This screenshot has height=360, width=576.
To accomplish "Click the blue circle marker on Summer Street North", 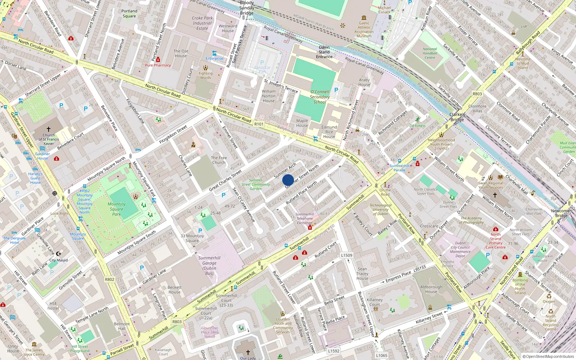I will coord(288,180).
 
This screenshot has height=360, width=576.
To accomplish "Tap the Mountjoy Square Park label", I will coord(117,209).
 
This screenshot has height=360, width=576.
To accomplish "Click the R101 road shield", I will coord(259,124).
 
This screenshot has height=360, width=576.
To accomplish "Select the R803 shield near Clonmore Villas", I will coord(477,94).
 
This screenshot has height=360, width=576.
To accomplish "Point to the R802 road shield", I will coord(109,279).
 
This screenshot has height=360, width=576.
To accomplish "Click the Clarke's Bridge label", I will coord(457,117).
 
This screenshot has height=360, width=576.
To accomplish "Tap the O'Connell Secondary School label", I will coord(320,97).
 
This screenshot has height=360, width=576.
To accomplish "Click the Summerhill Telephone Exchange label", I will coord(305,219).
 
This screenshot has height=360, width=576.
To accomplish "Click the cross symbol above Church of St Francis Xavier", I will coord(49,129).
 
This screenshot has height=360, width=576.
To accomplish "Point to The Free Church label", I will coord(219,160).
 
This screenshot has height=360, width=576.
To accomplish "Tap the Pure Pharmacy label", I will coord(158,65).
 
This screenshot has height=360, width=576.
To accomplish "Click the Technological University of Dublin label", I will coord(381,210).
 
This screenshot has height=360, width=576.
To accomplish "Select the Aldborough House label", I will coord(431,289).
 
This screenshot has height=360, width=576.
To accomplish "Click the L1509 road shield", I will coord(347,255).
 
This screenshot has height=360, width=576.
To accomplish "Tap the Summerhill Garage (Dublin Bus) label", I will coord(209,266).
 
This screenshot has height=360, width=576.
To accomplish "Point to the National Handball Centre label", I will coord(430,53).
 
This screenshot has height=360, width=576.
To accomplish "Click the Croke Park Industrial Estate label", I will coord(202,23).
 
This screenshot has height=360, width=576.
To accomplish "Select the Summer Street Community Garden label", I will coord(256,184).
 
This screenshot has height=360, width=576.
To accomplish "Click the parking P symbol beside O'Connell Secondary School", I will coord(336,90).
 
